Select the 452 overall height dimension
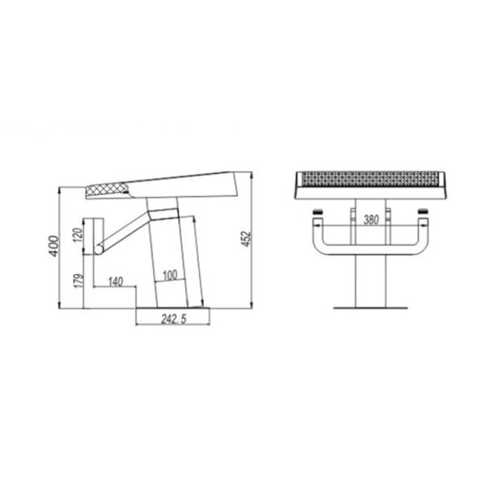247,239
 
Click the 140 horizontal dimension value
114,281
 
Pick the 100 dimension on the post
169,274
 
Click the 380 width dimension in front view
369,219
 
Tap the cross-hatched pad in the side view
108,191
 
